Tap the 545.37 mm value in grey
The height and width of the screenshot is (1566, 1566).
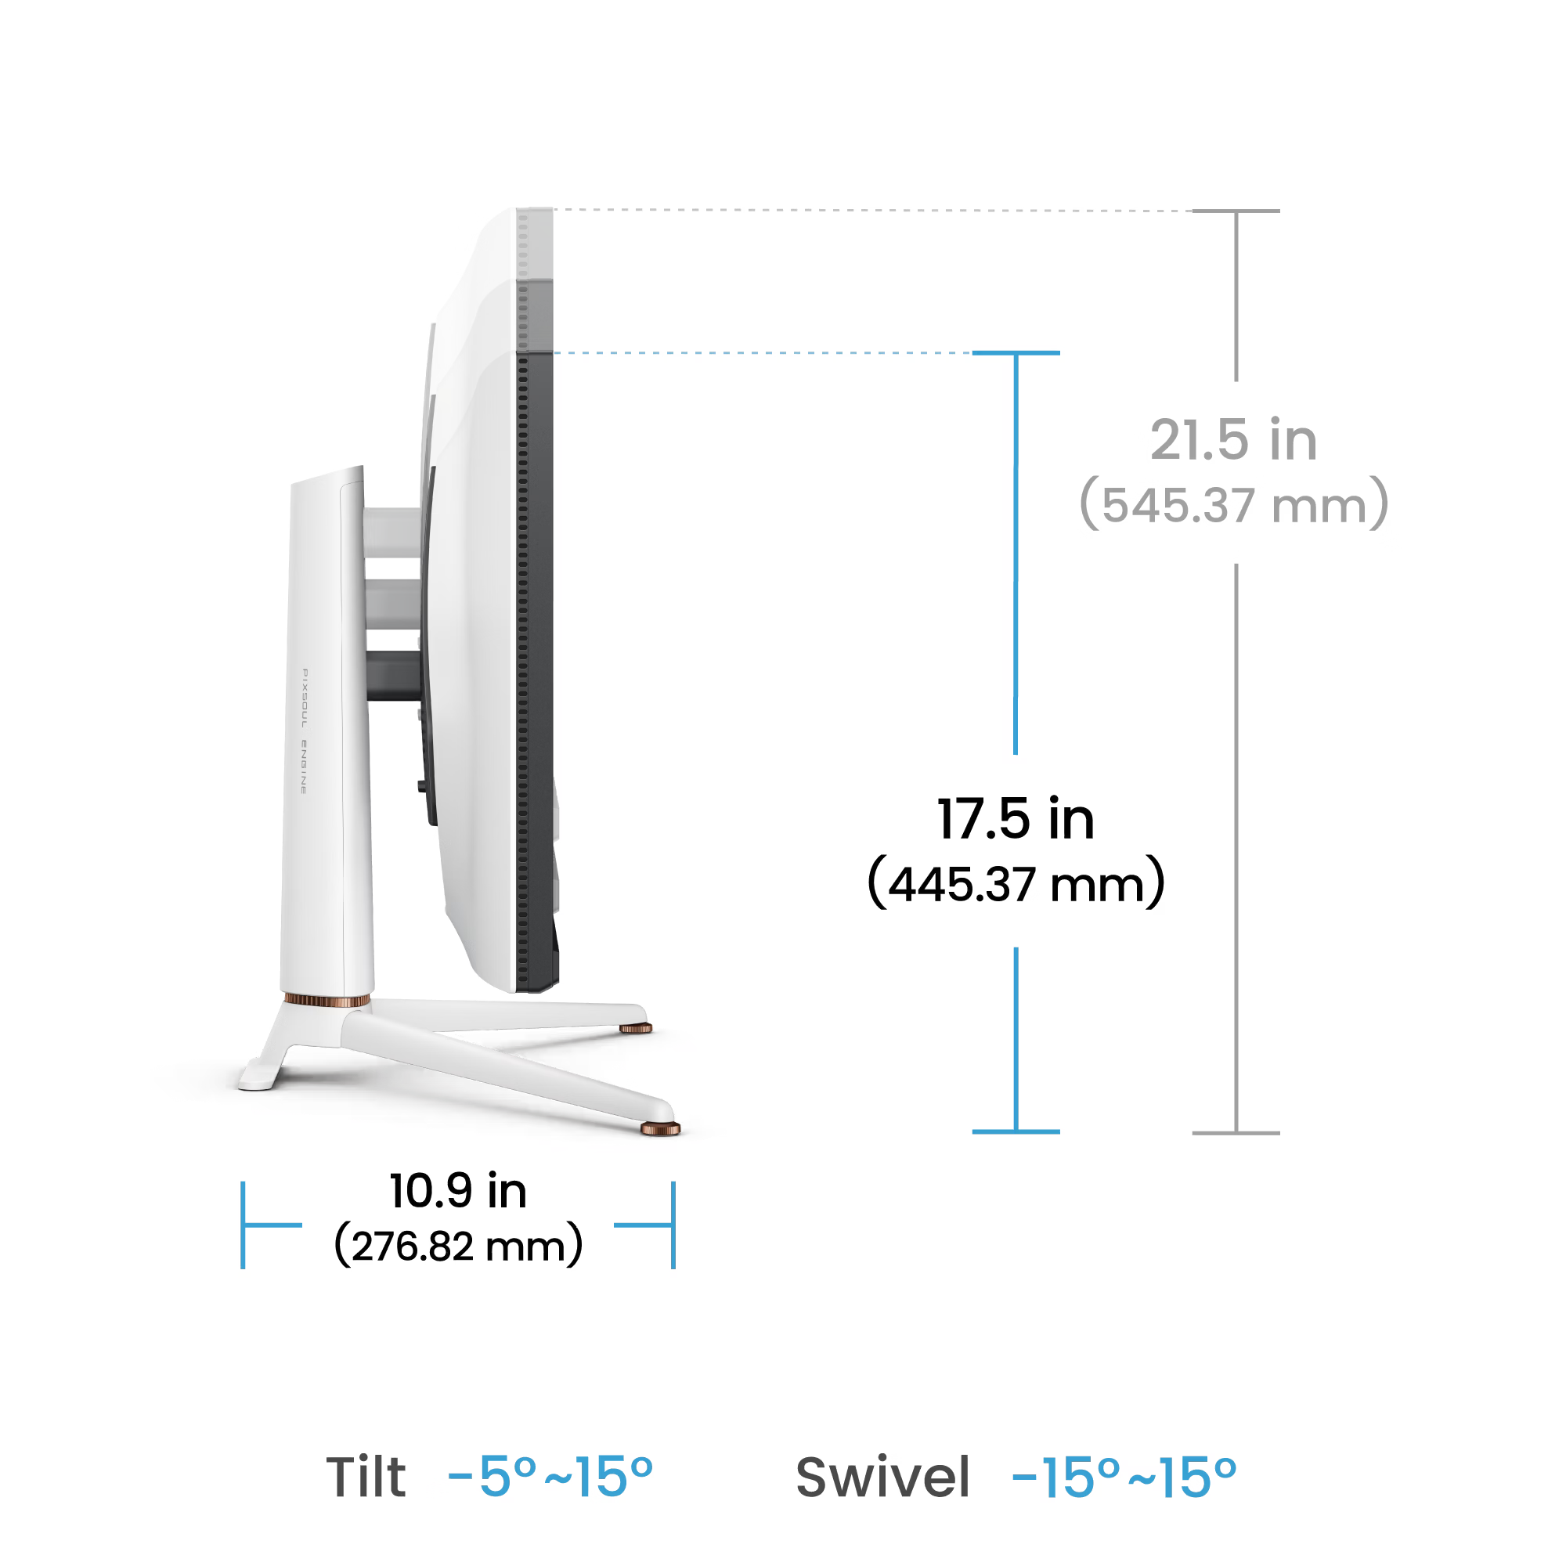[x=1233, y=505]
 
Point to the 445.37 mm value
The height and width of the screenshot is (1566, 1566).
[x=1016, y=883]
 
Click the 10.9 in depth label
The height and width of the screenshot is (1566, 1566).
[x=458, y=1191]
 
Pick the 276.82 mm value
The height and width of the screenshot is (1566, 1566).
[x=458, y=1246]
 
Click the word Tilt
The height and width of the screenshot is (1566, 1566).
[x=366, y=1477]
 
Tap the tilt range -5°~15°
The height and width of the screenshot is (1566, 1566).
[x=550, y=1477]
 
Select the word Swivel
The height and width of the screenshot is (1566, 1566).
[x=882, y=1477]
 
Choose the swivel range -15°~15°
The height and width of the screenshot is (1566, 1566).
[x=1124, y=1477]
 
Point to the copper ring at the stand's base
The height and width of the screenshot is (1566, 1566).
[x=327, y=1001]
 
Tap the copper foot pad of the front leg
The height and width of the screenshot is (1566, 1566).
[x=661, y=1129]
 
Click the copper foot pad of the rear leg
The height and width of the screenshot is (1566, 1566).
[x=637, y=1029]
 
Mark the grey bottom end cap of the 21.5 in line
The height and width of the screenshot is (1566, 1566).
[x=1236, y=1132]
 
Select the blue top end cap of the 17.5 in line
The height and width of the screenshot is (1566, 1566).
[x=1016, y=352]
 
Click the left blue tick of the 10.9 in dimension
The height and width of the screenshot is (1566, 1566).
[x=244, y=1225]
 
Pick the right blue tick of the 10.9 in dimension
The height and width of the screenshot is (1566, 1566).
[x=673, y=1225]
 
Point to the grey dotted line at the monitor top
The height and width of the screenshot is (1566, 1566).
[x=868, y=210]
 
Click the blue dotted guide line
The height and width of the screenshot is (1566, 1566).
[x=762, y=352]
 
